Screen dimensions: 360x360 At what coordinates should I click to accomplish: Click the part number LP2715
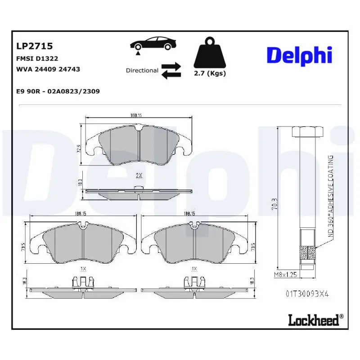pyautogui.click(x=34, y=46)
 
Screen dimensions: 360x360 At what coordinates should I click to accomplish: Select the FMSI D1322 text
pyautogui.click(x=37, y=58)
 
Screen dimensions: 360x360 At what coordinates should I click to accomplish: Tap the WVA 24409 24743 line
pyautogui.click(x=48, y=69)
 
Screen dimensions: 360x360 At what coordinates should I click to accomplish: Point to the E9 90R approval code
pyautogui.click(x=58, y=91)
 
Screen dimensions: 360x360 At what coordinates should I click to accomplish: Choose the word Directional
pyautogui.click(x=142, y=71)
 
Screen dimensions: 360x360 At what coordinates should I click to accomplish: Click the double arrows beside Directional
pyautogui.click(x=171, y=71)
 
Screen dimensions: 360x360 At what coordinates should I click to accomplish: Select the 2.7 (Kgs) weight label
pyautogui.click(x=210, y=73)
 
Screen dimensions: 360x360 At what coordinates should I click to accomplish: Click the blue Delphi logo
pyautogui.click(x=299, y=55)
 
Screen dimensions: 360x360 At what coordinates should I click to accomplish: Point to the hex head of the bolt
pyautogui.click(x=307, y=132)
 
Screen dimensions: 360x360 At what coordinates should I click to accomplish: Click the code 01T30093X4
pyautogui.click(x=307, y=293)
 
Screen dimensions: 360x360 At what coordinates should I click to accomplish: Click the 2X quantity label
pyautogui.click(x=139, y=175)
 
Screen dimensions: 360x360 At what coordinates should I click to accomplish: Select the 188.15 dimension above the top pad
pyautogui.click(x=136, y=116)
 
